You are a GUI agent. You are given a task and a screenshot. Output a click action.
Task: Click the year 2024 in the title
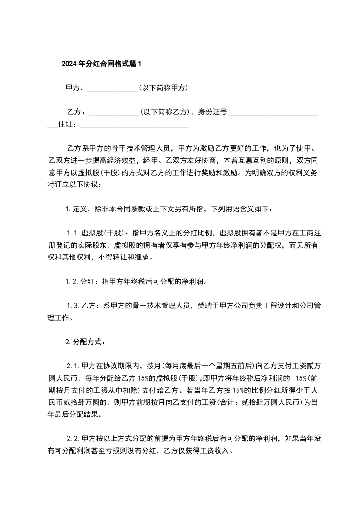(69, 64)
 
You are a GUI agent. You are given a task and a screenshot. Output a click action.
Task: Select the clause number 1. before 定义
(69, 209)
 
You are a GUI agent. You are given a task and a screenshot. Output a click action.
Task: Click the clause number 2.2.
(74, 439)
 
